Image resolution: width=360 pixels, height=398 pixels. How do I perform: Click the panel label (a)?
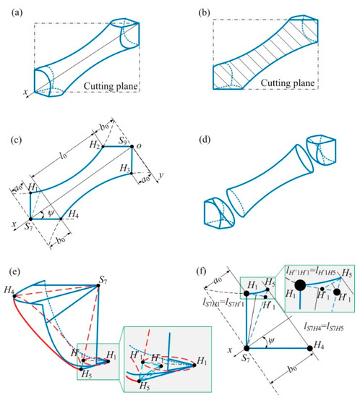pyautogui.click(x=14, y=9)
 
